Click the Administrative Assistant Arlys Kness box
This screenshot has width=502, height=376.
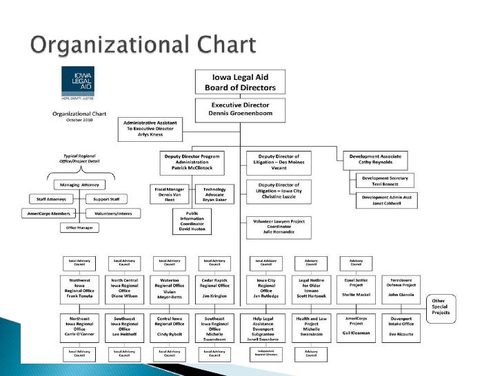tap(149, 128)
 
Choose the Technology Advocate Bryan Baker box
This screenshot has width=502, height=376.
tap(214, 194)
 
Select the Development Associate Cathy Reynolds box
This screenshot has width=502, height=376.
tap(375, 160)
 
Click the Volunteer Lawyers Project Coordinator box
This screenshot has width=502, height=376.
tap(278, 226)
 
